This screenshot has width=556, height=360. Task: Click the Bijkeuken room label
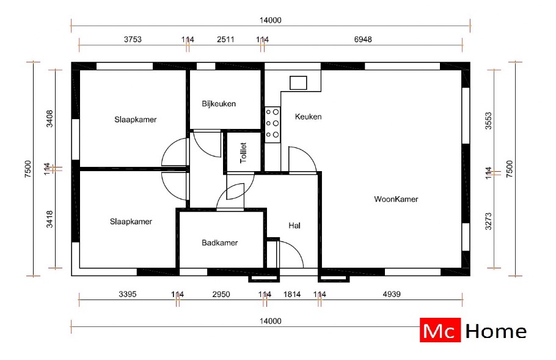[x=219, y=104]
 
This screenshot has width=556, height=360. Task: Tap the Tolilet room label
[x=243, y=153]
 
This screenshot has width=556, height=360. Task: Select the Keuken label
[x=308, y=117]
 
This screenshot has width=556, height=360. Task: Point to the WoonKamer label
[x=396, y=199]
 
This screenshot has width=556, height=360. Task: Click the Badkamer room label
[x=219, y=243]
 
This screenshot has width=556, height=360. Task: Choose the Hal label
[x=294, y=226]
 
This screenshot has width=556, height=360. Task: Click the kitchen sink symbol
[x=299, y=82]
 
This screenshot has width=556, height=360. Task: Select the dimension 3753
[x=133, y=40]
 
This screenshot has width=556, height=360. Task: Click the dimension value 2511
[x=225, y=40]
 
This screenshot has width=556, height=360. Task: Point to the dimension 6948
[x=362, y=40]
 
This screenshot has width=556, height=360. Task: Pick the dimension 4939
[x=391, y=295]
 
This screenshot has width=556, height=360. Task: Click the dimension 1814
[x=292, y=295]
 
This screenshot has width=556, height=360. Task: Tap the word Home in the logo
[x=496, y=331]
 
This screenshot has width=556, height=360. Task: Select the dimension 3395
[x=128, y=295]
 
